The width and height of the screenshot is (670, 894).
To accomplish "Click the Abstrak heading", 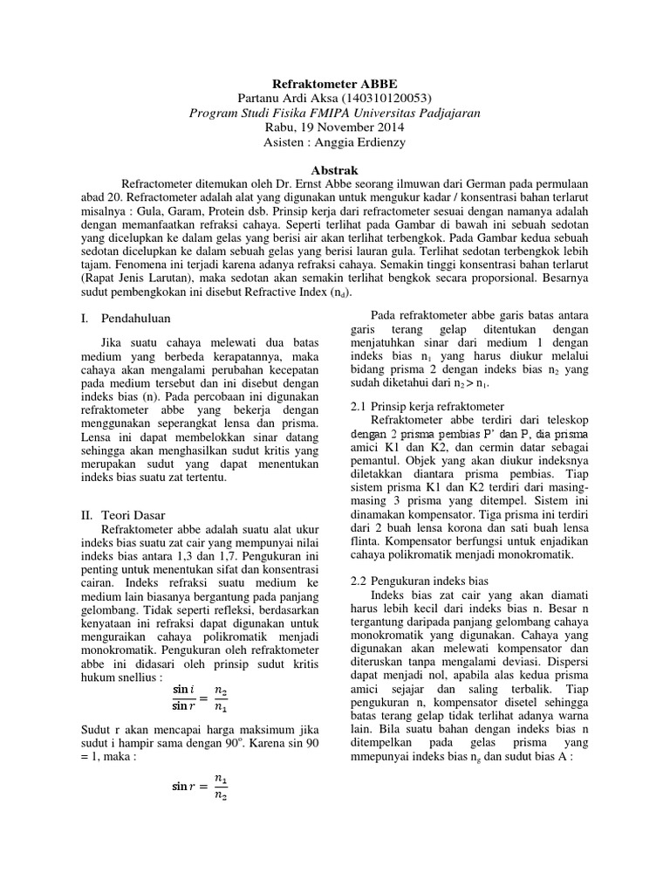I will [335, 172].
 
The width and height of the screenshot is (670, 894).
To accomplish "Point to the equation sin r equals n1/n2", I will [202, 786].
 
